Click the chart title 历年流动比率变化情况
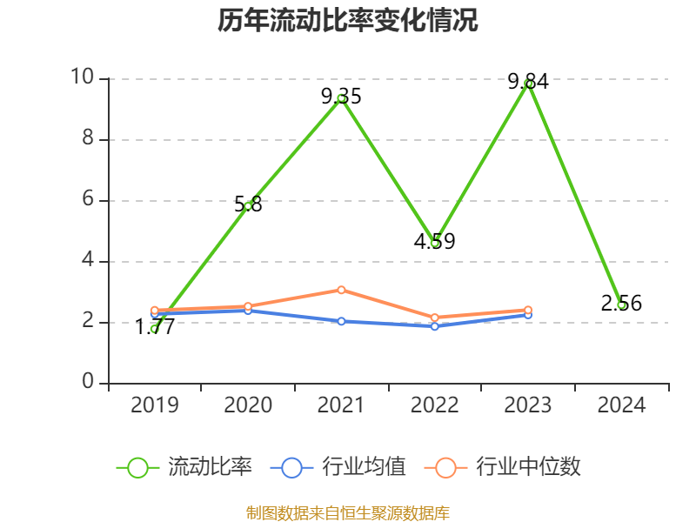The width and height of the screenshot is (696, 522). (348, 21)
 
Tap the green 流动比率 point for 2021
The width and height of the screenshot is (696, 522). (342, 98)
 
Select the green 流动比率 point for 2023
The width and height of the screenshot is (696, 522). (529, 84)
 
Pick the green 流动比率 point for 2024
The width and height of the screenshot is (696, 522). (621, 304)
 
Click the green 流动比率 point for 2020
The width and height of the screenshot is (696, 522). (248, 205)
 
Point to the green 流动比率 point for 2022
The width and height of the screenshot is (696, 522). (435, 243)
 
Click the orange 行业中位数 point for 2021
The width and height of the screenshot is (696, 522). (342, 290)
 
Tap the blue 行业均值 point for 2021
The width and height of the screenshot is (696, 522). (342, 321)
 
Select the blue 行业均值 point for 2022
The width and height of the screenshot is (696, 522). (435, 326)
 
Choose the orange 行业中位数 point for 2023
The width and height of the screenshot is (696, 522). (528, 310)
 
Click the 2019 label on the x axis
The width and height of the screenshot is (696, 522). (155, 405)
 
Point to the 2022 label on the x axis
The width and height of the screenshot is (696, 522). (435, 405)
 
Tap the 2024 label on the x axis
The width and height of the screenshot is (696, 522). (621, 405)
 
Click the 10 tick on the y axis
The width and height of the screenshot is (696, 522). (82, 78)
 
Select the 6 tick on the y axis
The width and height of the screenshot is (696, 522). (87, 200)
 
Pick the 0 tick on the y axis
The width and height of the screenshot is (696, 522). (88, 383)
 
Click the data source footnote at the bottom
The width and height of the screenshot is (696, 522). (348, 512)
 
